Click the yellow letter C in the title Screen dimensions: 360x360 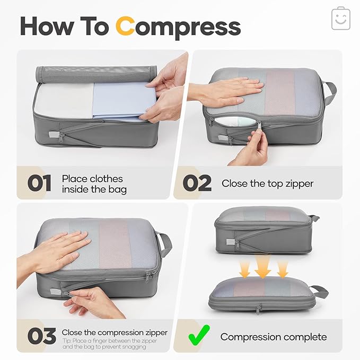coord(126,26)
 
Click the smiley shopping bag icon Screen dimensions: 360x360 coord(340,19)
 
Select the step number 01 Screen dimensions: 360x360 coord(40,183)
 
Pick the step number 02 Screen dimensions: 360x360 coord(197,183)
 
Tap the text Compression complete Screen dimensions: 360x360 coord(274,337)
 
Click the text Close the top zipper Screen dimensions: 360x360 coord(267,183)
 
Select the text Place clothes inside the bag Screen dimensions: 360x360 coord(94,183)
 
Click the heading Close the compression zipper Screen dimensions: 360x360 coord(115,332)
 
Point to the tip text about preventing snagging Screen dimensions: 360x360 coord(109,344)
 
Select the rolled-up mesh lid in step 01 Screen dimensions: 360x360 coord(96,73)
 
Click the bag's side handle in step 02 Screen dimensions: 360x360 coord(329,92)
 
